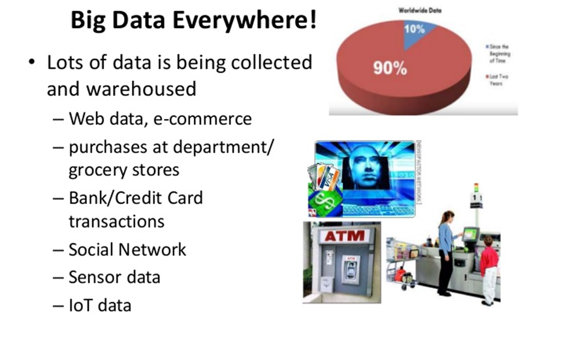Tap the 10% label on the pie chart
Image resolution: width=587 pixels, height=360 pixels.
pos(414,29)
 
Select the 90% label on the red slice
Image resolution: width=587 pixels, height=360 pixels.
pos(390,67)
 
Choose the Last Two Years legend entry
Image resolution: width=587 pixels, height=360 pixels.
pos(500,80)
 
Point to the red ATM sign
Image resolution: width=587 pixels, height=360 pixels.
pos(342,236)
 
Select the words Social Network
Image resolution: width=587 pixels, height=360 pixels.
pos(127,250)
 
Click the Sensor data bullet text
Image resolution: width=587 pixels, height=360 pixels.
pos(114,277)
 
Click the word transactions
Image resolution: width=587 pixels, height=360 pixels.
pos(116,221)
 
